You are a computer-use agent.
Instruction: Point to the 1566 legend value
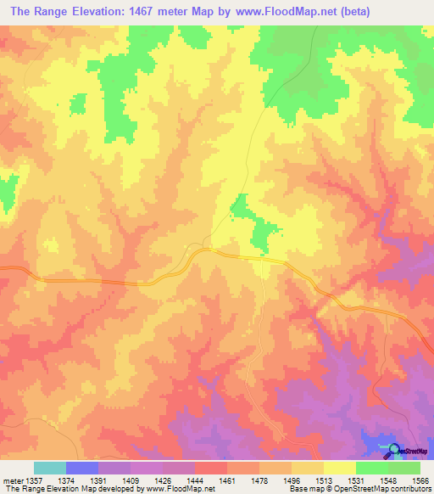[419, 480]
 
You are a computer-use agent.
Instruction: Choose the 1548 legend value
[387, 480]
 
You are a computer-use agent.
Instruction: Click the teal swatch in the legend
[49, 468]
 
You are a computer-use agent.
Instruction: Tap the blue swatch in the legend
[81, 468]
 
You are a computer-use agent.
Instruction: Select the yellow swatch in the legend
[339, 468]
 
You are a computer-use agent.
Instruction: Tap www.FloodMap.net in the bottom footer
[179, 490]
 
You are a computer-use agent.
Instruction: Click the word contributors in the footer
[410, 490]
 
